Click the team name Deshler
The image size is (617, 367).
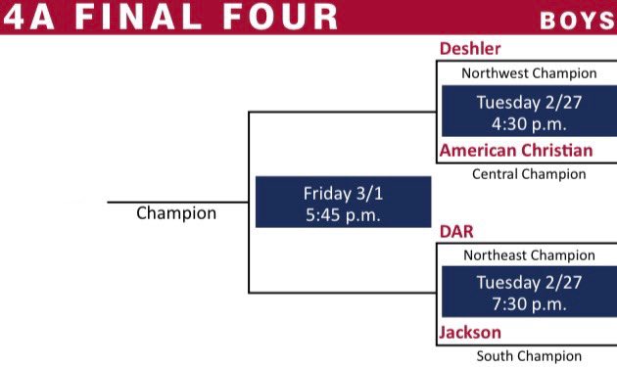click(471, 49)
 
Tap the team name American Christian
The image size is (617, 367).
click(516, 151)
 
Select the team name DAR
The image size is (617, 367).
click(457, 231)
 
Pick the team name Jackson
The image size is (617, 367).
click(470, 333)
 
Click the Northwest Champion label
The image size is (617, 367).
click(529, 73)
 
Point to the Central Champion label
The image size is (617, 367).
click(529, 174)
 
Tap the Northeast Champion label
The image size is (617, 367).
click(529, 255)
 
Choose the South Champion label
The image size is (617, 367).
click(529, 356)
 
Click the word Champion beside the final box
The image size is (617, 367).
click(176, 212)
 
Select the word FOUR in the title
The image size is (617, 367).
click(283, 17)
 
